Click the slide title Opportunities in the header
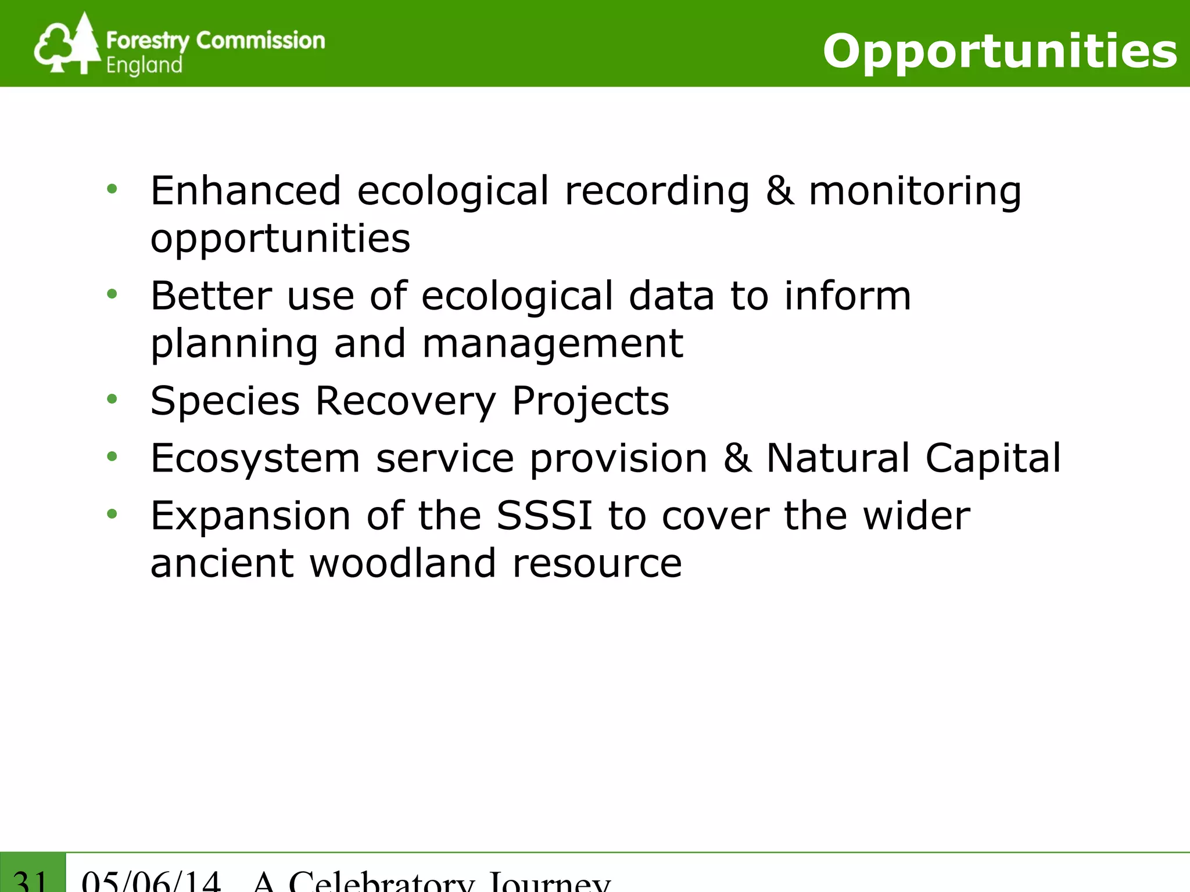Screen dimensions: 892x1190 (999, 51)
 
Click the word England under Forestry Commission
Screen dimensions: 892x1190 (144, 66)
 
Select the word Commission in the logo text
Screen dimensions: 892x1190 (260, 41)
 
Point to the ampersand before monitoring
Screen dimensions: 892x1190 (779, 191)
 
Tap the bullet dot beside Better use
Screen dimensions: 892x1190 (112, 294)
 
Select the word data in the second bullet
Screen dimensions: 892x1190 (671, 296)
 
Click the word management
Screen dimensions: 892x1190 (552, 344)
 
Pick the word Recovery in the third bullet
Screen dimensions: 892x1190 (406, 402)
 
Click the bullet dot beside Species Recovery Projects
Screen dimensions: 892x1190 (112, 399)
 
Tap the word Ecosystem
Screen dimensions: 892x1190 (255, 459)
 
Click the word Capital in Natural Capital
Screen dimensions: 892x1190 (993, 459)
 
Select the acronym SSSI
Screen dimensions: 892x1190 (544, 516)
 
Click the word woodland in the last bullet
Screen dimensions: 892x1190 (402, 564)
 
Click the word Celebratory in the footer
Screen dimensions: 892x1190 (381, 882)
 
